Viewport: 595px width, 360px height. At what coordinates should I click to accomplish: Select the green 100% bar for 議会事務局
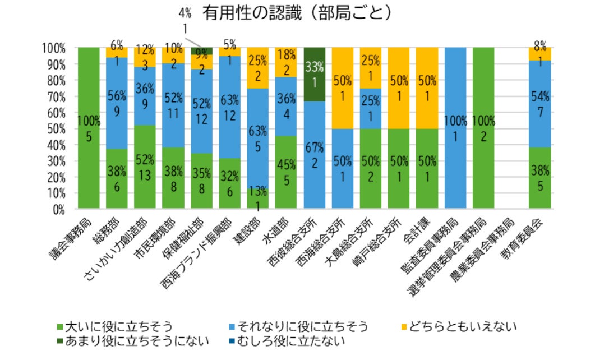click(89, 129)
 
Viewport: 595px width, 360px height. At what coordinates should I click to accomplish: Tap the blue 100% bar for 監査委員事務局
click(455, 129)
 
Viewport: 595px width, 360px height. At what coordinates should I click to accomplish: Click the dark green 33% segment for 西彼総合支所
click(315, 75)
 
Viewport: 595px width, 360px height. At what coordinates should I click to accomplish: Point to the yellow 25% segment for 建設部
click(258, 68)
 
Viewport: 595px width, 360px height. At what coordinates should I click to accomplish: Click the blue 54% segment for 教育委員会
click(540, 104)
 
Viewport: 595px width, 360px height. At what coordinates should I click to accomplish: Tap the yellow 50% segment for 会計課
click(427, 88)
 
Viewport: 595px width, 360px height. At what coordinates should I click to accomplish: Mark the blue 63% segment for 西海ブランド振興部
click(229, 107)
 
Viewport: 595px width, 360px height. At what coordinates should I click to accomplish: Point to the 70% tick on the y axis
click(54, 96)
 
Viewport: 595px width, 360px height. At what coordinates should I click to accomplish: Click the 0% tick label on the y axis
click(57, 210)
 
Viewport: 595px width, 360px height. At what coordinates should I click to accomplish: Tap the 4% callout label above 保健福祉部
click(185, 12)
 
